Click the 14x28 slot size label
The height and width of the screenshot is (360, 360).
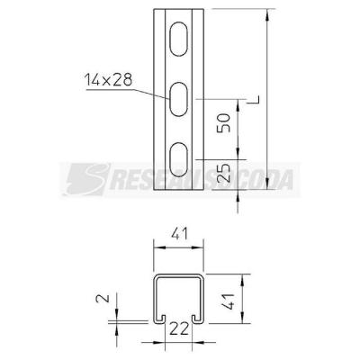(x=108, y=80)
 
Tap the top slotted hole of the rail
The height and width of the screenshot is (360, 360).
(x=179, y=39)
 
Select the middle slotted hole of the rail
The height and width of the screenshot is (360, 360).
(x=179, y=99)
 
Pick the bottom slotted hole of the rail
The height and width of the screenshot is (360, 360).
(x=179, y=159)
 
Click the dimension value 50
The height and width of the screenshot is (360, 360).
(x=224, y=122)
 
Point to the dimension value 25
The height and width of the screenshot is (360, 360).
(x=224, y=173)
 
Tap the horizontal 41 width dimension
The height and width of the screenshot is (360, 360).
(x=179, y=234)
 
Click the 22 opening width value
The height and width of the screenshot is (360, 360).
(x=179, y=328)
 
